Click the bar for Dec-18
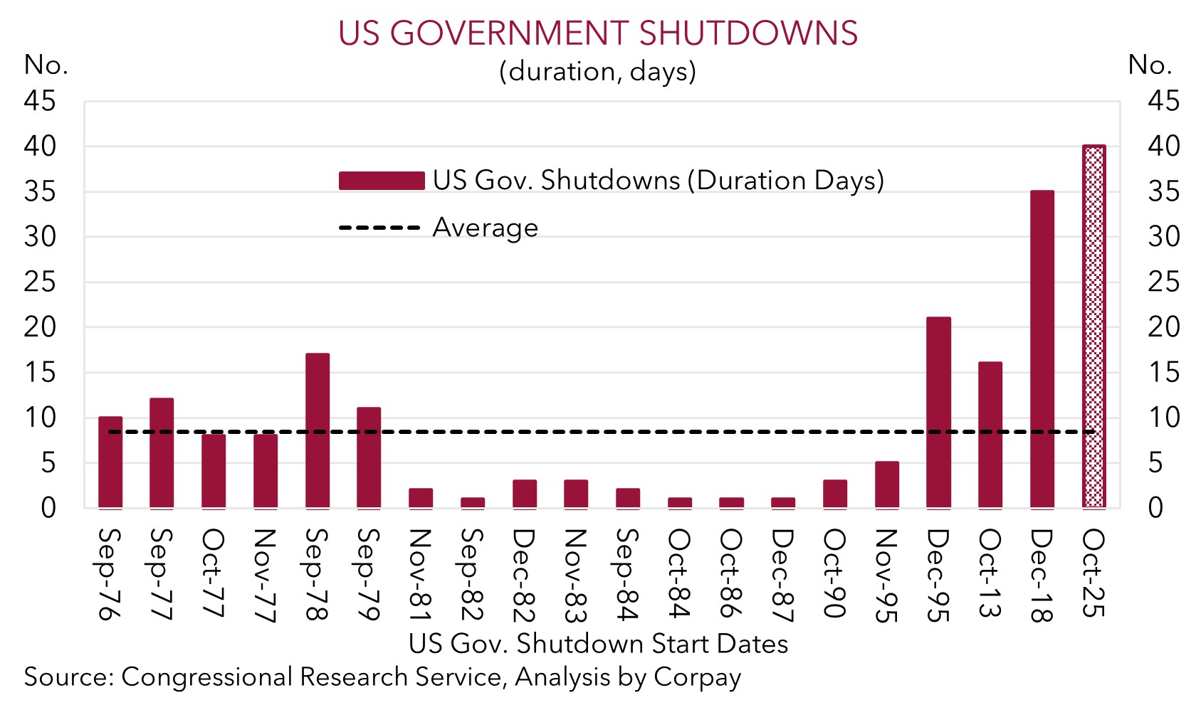(1042, 349)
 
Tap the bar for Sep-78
(318, 430)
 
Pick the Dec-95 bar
(938, 413)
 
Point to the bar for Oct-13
(990, 435)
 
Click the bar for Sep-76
(110, 462)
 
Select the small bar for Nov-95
(887, 484)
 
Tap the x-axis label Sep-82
(471, 574)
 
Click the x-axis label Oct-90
(834, 573)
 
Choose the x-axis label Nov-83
(575, 576)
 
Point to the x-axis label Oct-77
(213, 573)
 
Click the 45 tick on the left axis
(40, 102)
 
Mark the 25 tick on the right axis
(1163, 282)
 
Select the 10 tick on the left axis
(40, 418)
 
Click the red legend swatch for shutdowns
(382, 181)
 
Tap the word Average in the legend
(486, 228)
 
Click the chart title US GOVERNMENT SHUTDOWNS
(598, 33)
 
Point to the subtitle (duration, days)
(598, 71)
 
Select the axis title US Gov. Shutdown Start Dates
(598, 644)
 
